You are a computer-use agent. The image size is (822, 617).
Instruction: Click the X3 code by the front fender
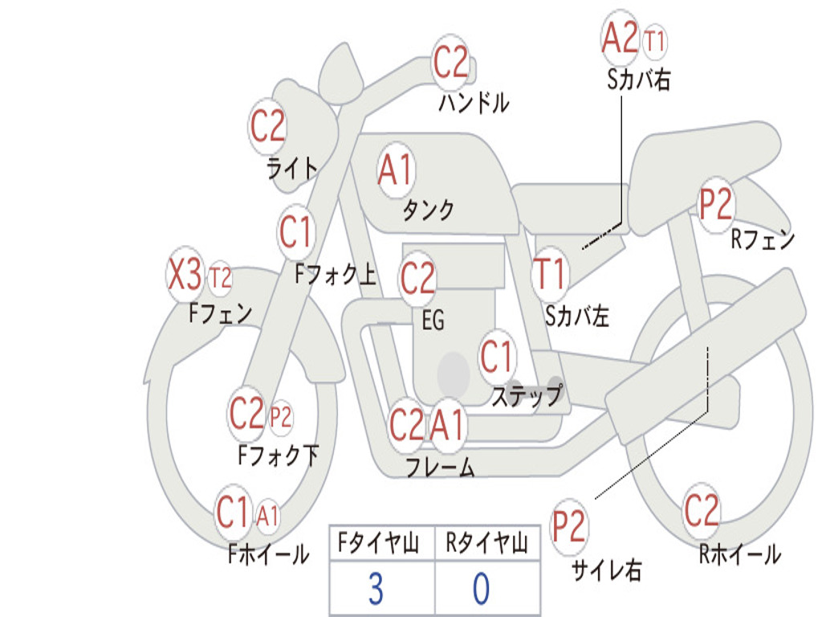click(x=185, y=275)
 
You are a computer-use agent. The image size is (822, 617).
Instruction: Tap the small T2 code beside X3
click(x=220, y=277)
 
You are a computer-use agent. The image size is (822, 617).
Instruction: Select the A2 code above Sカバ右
click(x=620, y=37)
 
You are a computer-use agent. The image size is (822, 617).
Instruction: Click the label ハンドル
click(x=474, y=102)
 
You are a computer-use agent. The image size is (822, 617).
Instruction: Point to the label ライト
click(x=292, y=168)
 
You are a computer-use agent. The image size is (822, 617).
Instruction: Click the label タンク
click(x=428, y=210)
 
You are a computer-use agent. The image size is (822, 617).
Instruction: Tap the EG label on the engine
click(x=433, y=320)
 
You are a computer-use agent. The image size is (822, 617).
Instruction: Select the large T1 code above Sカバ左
click(x=549, y=273)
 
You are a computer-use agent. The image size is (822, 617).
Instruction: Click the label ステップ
click(x=527, y=395)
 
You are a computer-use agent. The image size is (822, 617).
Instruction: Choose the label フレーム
click(x=441, y=467)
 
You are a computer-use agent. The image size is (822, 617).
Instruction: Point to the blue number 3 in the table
click(x=376, y=589)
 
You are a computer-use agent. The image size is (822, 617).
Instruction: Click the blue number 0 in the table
click(x=482, y=589)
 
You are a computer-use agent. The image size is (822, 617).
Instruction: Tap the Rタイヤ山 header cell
click(x=487, y=542)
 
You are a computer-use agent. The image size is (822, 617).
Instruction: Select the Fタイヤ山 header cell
click(x=382, y=542)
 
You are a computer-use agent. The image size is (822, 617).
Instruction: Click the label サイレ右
click(x=606, y=570)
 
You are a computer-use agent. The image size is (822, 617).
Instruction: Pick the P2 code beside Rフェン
click(x=715, y=204)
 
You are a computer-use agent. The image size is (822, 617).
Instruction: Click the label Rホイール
click(x=739, y=554)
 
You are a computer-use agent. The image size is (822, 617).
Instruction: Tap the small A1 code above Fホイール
click(x=267, y=516)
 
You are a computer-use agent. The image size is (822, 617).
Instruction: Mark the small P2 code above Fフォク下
click(x=280, y=418)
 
